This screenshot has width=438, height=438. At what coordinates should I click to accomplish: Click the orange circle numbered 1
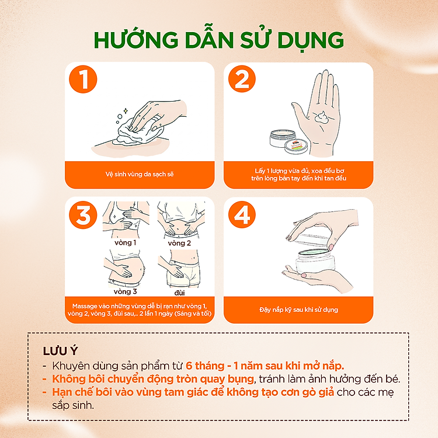[83, 79]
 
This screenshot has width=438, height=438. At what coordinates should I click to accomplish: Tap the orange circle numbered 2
[242, 79]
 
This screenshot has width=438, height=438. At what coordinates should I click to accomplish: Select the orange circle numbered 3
[83, 215]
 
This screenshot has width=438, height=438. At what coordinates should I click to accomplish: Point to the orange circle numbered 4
[242, 214]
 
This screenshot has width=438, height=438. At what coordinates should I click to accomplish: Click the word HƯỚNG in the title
[136, 39]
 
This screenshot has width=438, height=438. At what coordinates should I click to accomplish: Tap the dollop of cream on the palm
[322, 117]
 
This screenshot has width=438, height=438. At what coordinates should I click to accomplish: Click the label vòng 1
[125, 242]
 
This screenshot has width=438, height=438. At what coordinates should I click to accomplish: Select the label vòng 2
[179, 243]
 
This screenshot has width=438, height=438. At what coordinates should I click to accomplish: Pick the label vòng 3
[125, 291]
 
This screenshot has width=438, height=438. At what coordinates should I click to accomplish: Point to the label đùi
[180, 293]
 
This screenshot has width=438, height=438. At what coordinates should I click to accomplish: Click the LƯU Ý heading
[60, 351]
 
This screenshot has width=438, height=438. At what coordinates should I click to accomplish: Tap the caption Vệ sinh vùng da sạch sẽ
[140, 174]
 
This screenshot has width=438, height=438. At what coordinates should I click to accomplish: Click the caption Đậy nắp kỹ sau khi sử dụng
[298, 310]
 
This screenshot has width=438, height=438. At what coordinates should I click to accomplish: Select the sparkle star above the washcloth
[126, 111]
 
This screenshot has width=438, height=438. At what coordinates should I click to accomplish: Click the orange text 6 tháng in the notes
[205, 366]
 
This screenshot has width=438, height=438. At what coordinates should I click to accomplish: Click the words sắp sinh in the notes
[73, 405]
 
